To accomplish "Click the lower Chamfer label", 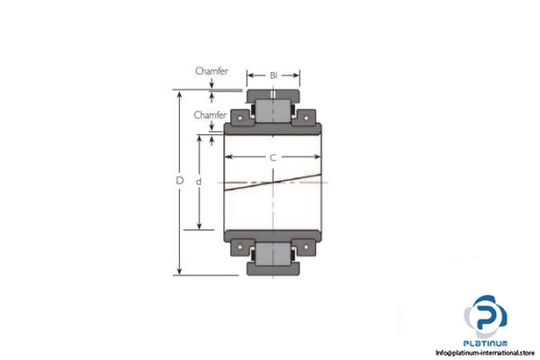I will tap(208, 115).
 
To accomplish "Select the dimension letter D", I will tap(180, 181).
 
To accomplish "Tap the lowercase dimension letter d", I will tap(200, 181).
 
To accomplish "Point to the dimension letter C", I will tap(273, 158).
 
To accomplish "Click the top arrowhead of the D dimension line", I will tap(180, 94).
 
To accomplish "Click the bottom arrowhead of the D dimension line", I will tap(180, 271).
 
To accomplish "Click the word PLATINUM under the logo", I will tap(486, 344).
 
